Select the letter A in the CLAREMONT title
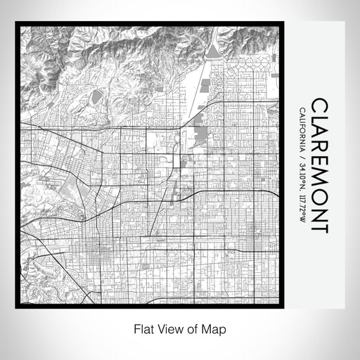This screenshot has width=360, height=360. [319, 135]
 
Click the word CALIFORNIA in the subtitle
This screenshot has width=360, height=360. [302, 127]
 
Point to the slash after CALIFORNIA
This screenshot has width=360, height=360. [302, 154]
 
